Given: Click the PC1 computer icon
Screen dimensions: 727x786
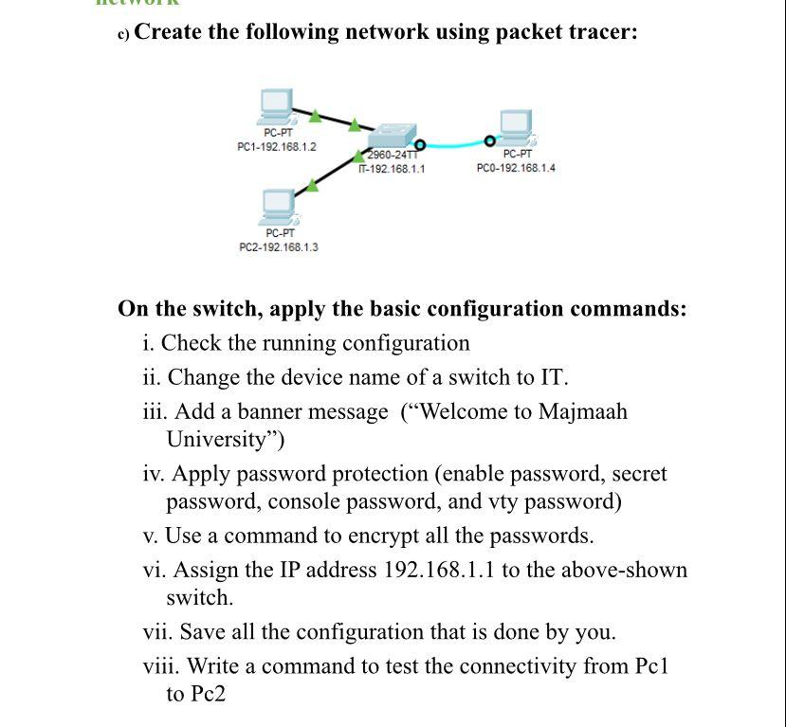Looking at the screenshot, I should pyautogui.click(x=277, y=105).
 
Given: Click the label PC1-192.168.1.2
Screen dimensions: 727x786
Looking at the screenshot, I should pyautogui.click(x=277, y=147).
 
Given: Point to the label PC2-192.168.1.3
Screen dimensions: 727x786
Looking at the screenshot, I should pyautogui.click(x=279, y=246).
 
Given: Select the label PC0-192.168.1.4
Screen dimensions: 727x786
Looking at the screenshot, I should pyautogui.click(x=516, y=168).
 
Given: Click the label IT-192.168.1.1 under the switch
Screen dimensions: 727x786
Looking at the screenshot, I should pyautogui.click(x=391, y=169).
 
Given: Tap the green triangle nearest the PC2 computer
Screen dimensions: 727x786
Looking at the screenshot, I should pyautogui.click(x=312, y=184).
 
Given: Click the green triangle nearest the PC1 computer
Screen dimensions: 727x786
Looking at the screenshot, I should pyautogui.click(x=315, y=116).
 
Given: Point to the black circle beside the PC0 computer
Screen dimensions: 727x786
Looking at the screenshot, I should pyautogui.click(x=489, y=141).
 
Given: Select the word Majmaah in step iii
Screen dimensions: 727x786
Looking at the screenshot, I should pyautogui.click(x=582, y=412).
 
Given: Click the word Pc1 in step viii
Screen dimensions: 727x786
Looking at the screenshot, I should pyautogui.click(x=651, y=666).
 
